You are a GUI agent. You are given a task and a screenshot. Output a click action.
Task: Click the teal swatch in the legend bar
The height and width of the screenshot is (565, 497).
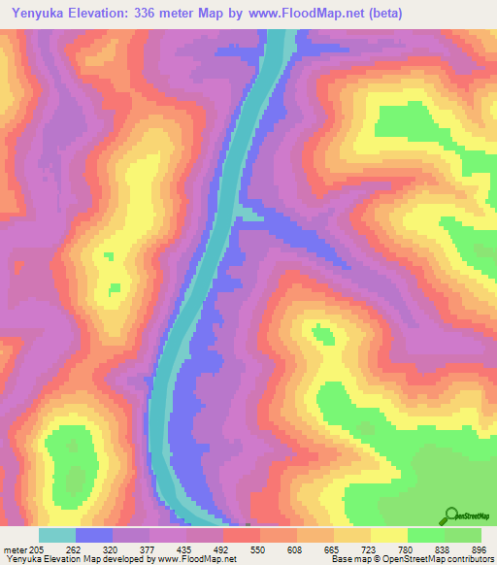point(57,534)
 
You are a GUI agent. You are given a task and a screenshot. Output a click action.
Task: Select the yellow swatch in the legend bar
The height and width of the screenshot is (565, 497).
point(389,534)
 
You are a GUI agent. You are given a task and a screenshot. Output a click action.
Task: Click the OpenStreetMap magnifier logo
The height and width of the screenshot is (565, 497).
point(450,515)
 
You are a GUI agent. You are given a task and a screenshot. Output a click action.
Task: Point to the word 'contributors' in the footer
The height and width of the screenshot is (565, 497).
point(467,558)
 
